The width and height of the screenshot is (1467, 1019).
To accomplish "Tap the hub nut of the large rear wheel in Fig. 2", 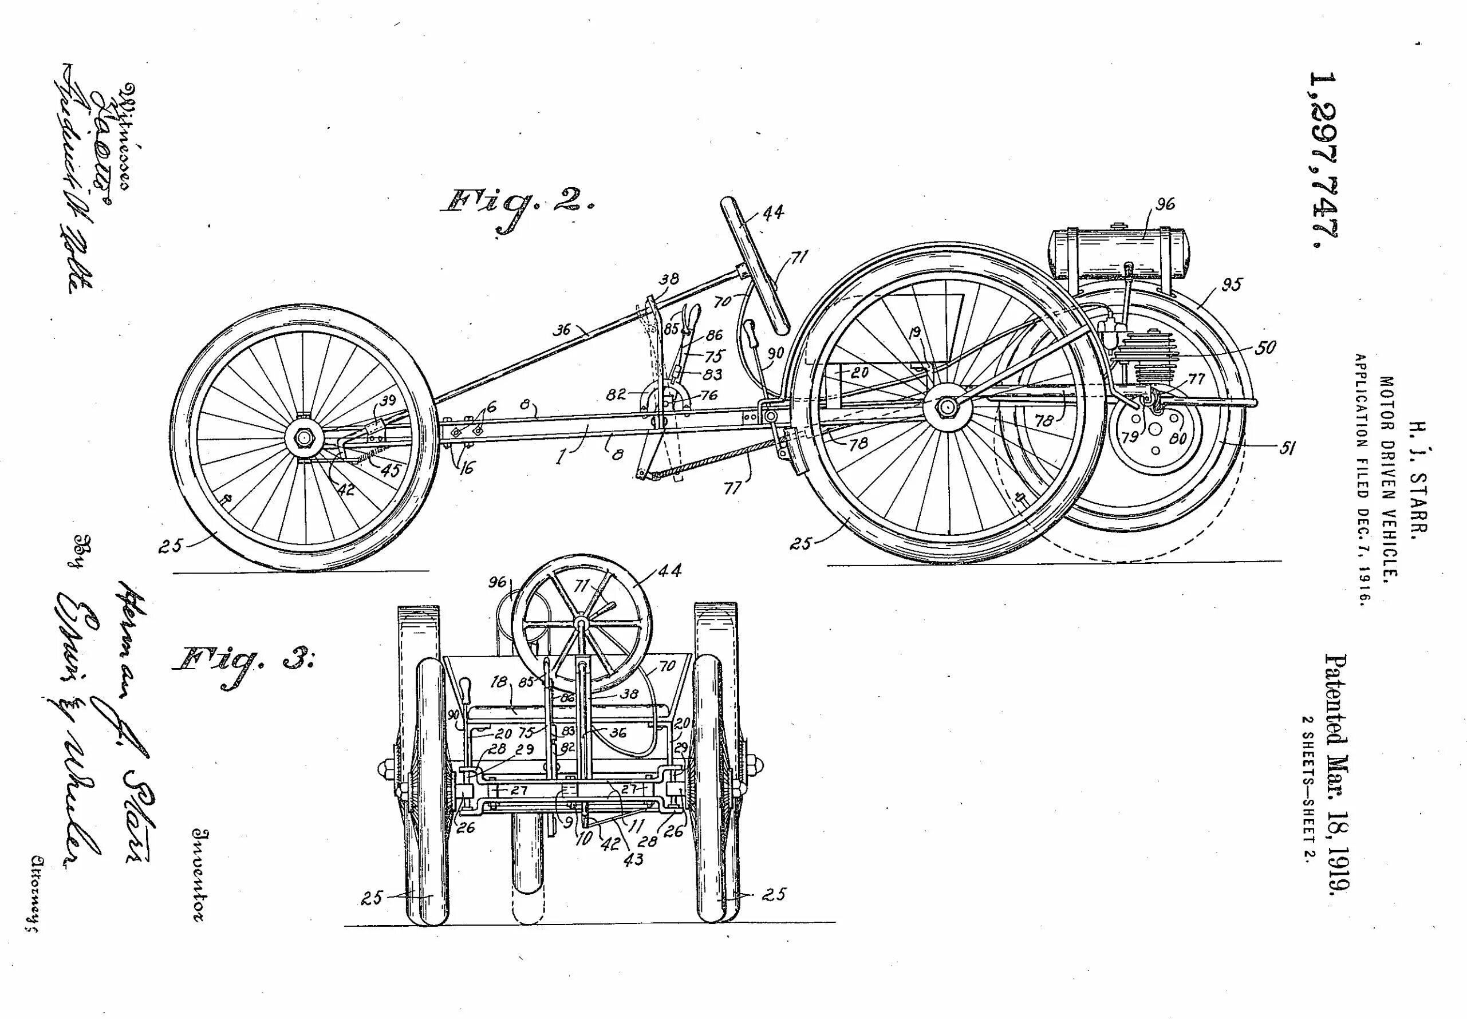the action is point(945,406).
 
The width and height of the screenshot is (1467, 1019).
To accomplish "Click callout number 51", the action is point(1287,448).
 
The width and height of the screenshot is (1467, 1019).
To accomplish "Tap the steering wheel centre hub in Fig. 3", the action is point(581,622).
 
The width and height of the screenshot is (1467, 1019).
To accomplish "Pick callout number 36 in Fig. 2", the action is point(562,329).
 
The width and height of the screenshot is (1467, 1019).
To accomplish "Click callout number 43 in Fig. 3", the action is point(633,860).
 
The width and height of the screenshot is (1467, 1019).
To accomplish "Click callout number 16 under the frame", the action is point(466,468).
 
